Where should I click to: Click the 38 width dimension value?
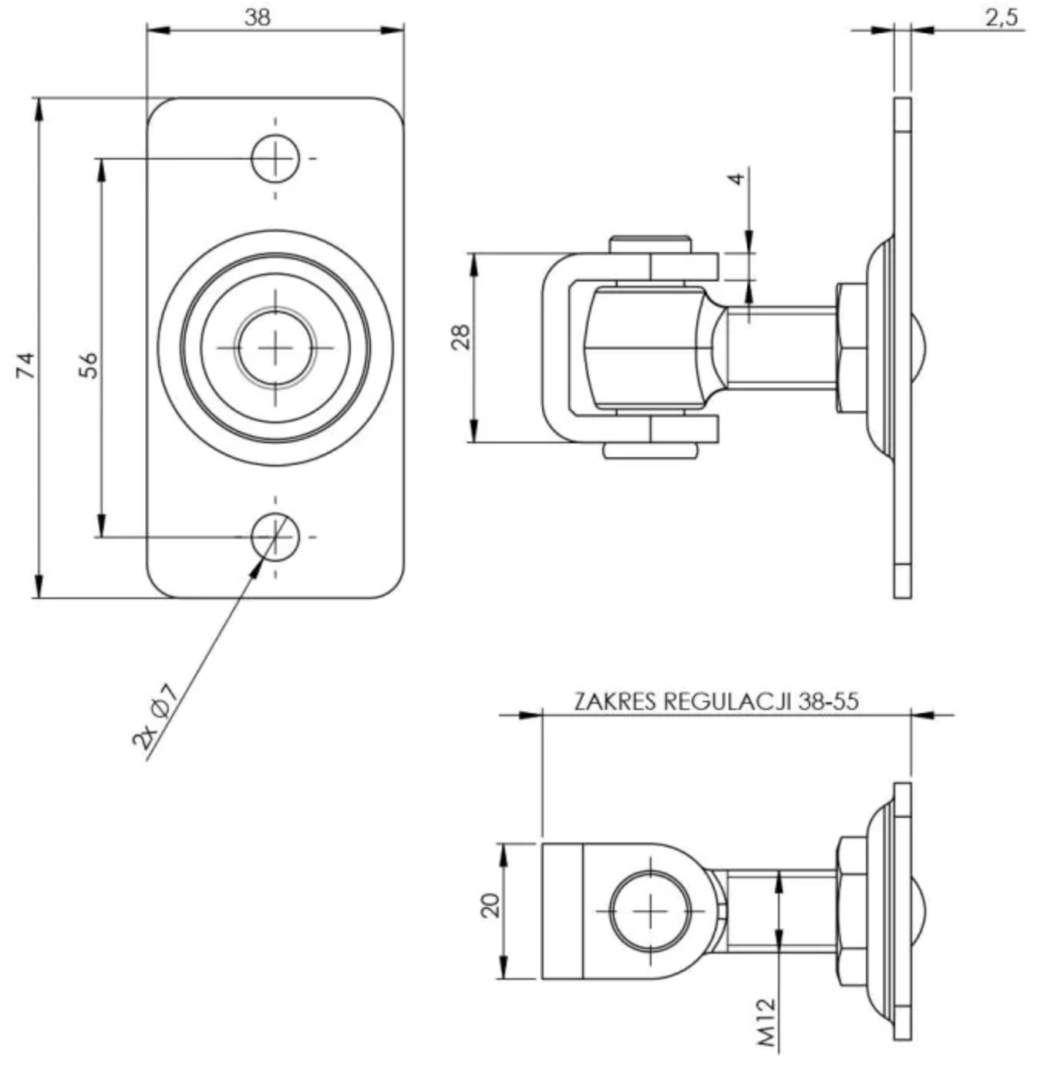[x=258, y=17]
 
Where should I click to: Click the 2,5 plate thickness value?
[x=1001, y=17]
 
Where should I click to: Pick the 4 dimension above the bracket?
[x=736, y=179]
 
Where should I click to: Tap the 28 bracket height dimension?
[x=461, y=337]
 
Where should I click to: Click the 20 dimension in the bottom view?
[x=490, y=904]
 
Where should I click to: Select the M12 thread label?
[x=766, y=1023]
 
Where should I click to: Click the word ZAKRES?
[x=615, y=701]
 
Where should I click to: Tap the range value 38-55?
[x=828, y=701]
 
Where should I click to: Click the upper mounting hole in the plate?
[x=275, y=158]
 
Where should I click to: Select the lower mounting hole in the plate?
[x=275, y=537]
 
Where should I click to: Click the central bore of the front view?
[x=275, y=348]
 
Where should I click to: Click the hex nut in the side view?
[x=850, y=348]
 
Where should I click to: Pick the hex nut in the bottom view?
[x=850, y=911]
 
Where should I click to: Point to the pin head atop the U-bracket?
[x=649, y=244]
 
